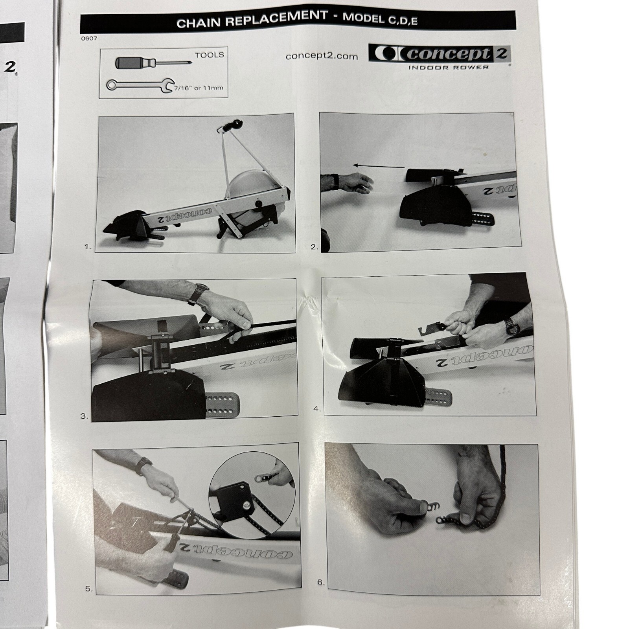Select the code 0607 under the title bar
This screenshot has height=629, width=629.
[89, 38]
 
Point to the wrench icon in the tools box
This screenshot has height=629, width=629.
[141, 85]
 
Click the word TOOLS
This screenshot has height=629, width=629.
[210, 55]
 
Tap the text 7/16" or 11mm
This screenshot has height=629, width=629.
[199, 88]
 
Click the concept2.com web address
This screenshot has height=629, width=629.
[322, 56]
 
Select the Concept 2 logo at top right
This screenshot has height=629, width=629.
[439, 53]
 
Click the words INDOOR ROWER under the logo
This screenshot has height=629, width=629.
[448, 67]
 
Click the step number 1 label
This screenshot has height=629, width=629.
[88, 247]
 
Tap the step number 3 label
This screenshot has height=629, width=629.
[84, 416]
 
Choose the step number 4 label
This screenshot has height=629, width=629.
[317, 409]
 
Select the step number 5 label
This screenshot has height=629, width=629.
[89, 589]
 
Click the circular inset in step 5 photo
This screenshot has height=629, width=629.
[252, 495]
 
